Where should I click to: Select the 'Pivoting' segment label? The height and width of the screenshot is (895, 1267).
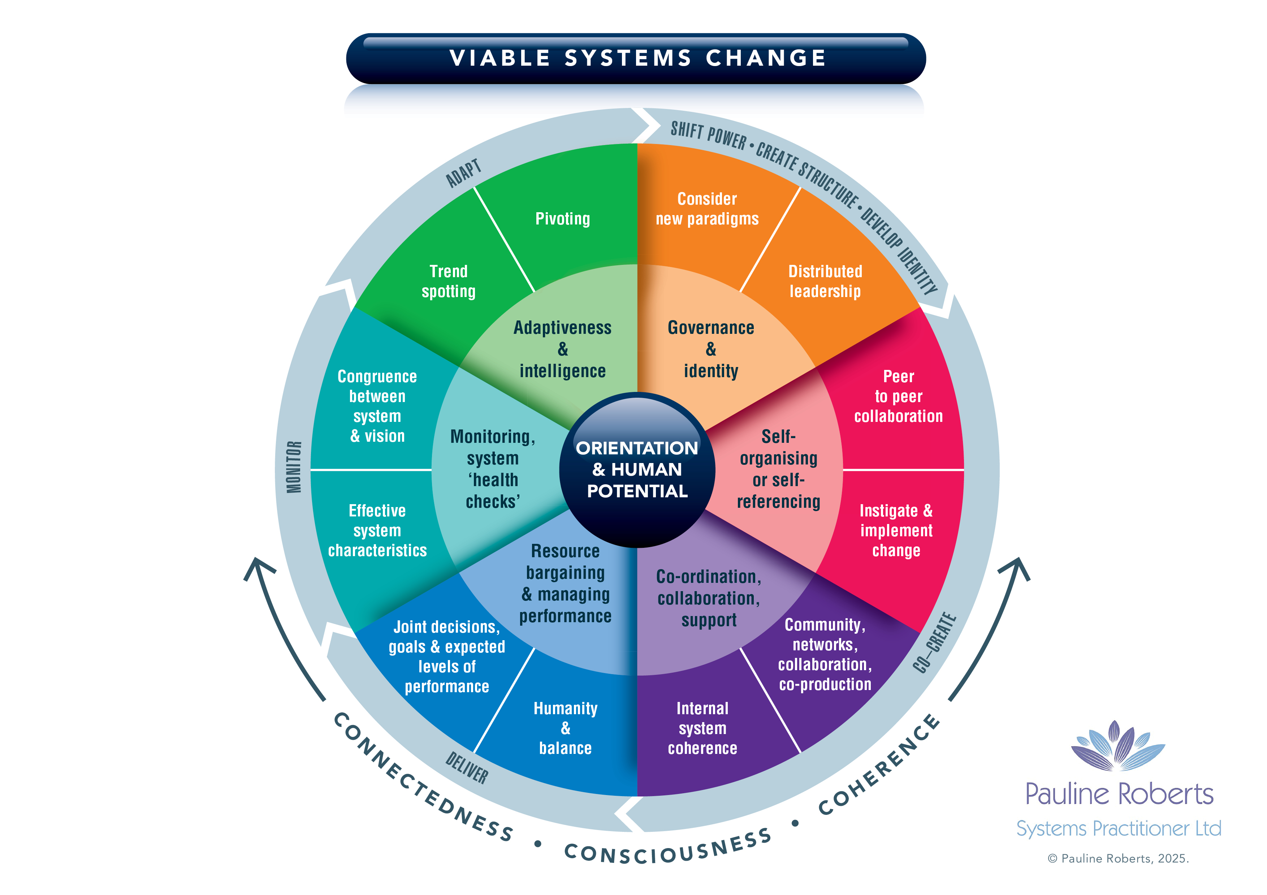coord(562,219)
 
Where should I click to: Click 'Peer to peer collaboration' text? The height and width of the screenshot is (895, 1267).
coord(898,397)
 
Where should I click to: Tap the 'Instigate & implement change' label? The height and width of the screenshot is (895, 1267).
coord(896,531)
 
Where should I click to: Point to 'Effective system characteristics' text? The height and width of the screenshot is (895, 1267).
coord(377,531)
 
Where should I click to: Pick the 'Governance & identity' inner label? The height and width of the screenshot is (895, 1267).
coord(711,349)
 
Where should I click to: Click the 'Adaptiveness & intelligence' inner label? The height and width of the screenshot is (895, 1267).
coord(562,349)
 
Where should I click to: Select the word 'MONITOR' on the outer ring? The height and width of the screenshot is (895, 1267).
coord(294,467)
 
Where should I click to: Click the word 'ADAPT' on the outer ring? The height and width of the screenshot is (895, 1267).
coord(463,173)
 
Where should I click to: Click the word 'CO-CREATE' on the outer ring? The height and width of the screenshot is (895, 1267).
coord(934,642)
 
